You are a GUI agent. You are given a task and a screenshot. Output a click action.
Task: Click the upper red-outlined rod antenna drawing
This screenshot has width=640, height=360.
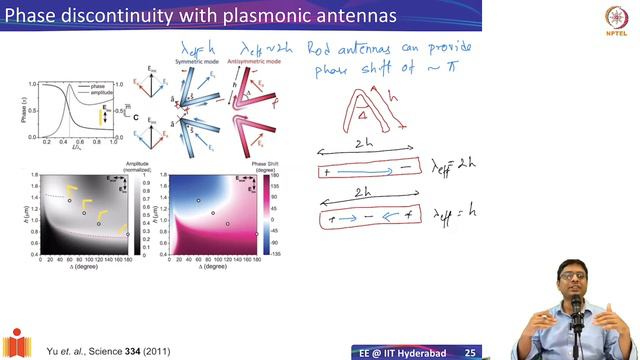[x=367, y=173]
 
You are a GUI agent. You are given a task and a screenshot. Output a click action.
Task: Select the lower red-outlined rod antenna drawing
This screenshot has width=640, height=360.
[x=367, y=215]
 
